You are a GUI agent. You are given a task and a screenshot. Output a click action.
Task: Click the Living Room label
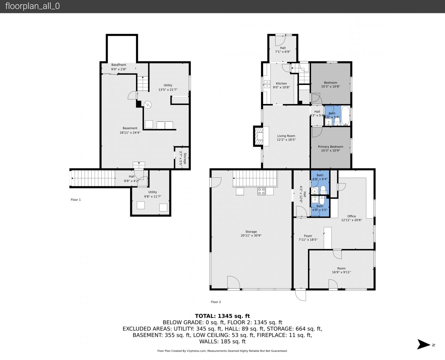pyautogui.click(x=286, y=136)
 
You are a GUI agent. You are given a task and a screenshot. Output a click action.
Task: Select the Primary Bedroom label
pyautogui.click(x=331, y=147)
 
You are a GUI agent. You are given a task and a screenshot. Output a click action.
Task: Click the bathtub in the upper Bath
pyautogui.click(x=346, y=116)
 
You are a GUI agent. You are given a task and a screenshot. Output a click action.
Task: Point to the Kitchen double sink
pyautogui.click(x=267, y=84)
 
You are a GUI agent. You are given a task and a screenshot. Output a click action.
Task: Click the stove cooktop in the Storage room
pyautogui.click(x=261, y=191)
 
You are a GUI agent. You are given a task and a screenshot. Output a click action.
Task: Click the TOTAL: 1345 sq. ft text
pyautogui.click(x=222, y=316)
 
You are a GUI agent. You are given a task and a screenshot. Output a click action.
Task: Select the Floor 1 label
pyautogui.click(x=76, y=200)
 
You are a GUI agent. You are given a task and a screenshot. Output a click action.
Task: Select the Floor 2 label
pyautogui.click(x=216, y=302)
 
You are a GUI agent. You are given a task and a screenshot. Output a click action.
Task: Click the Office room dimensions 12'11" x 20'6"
pyautogui.click(x=352, y=220)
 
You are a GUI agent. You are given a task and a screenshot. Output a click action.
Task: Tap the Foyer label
pyautogui.click(x=308, y=236)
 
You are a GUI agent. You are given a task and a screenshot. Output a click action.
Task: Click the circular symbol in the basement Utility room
pyautogui.click(x=147, y=105)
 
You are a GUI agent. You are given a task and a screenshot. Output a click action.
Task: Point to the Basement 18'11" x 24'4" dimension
pyautogui.click(x=130, y=132)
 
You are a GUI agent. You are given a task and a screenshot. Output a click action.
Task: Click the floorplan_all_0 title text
pyautogui.click(x=32, y=6)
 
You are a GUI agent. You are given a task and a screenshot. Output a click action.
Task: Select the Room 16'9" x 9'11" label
pyautogui.click(x=341, y=270)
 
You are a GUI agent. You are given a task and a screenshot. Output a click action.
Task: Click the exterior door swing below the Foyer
pyautogui.click(x=301, y=295)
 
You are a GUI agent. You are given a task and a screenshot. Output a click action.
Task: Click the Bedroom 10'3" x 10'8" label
pyautogui.click(x=331, y=84)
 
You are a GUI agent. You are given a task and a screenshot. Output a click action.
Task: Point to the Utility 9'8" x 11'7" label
pyautogui.click(x=153, y=194)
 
